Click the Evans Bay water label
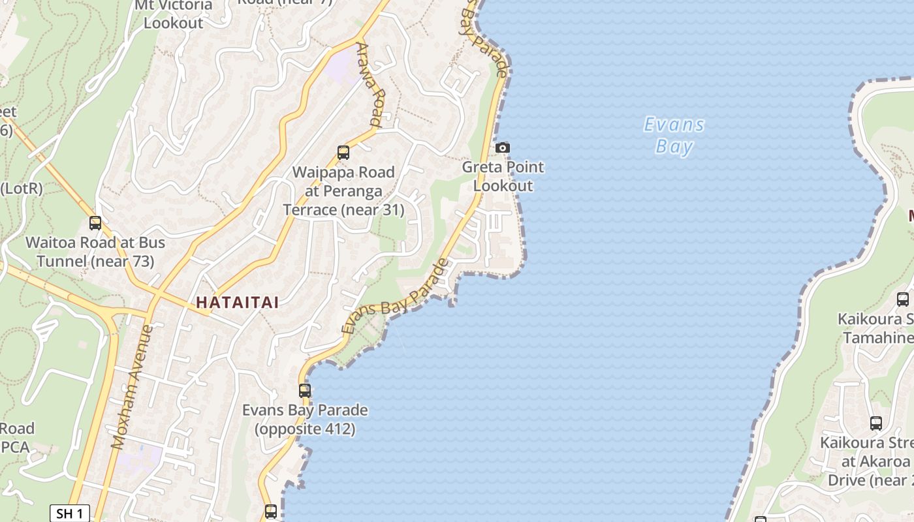pyautogui.click(x=674, y=135)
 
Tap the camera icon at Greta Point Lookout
pyautogui.click(x=502, y=148)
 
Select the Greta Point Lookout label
pyautogui.click(x=503, y=176)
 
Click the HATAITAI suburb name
pyautogui.click(x=238, y=303)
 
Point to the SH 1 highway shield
pyautogui.click(x=69, y=514)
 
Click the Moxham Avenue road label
pyautogui.click(x=132, y=387)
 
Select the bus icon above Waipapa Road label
pyautogui.click(x=343, y=153)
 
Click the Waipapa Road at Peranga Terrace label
pyautogui.click(x=343, y=191)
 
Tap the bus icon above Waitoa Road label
pyautogui.click(x=95, y=223)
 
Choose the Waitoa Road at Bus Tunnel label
pyautogui.click(x=95, y=252)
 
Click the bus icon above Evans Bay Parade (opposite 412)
pyautogui.click(x=305, y=391)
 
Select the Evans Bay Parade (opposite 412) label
pyautogui.click(x=305, y=420)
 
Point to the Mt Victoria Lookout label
pyautogui.click(x=174, y=14)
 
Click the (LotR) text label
pyautogui.click(x=21, y=189)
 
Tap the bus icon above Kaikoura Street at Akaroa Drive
pyautogui.click(x=876, y=423)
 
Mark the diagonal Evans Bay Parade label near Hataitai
pyautogui.click(x=396, y=298)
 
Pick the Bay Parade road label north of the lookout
pyautogui.click(x=486, y=40)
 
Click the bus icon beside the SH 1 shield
pyautogui.click(x=271, y=512)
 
